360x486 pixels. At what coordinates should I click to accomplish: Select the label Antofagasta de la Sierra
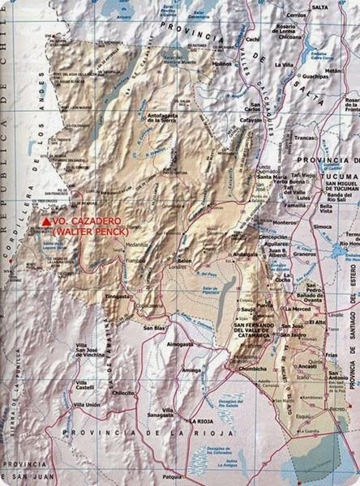(x=173, y=124)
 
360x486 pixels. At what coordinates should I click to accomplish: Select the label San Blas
(x=154, y=328)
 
